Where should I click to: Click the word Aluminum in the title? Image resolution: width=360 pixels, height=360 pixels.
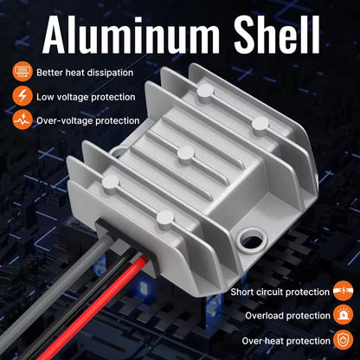click(132, 35)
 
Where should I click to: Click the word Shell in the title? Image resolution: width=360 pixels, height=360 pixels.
click(277, 34)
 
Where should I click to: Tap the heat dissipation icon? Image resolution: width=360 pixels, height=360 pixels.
click(22, 72)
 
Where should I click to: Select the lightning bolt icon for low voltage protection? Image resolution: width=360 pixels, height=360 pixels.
click(22, 96)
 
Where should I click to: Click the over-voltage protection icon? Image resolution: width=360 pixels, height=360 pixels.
click(22, 119)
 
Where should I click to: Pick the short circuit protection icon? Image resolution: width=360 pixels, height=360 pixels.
click(343, 291)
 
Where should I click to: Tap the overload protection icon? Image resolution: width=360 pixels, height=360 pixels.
click(343, 315)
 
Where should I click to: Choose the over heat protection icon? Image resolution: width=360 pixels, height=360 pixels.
click(343, 339)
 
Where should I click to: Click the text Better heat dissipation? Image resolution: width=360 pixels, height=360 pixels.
click(85, 73)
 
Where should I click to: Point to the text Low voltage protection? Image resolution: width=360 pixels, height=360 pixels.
click(86, 97)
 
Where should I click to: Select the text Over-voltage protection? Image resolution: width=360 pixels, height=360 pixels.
click(88, 121)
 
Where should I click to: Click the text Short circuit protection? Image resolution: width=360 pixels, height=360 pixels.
click(280, 292)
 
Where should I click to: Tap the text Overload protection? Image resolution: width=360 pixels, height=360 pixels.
click(287, 316)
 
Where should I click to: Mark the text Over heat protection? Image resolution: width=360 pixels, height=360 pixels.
click(286, 341)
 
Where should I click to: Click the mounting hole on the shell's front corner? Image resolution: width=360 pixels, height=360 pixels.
click(251, 239)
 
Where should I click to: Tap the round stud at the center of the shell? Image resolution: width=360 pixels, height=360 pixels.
click(186, 154)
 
